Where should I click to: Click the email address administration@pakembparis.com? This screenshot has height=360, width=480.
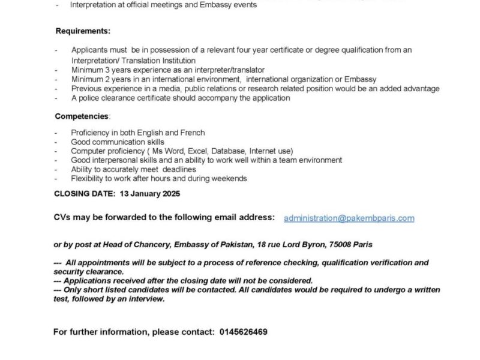[x=349, y=218]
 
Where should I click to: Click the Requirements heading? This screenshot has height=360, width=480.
[x=83, y=31]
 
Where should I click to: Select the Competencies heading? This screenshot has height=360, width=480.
[x=82, y=116]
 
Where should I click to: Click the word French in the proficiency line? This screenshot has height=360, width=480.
[x=193, y=133]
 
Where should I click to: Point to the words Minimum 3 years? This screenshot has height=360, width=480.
[x=100, y=70]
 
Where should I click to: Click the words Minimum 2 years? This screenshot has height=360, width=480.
[x=100, y=79]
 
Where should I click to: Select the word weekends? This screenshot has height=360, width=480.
[x=228, y=178]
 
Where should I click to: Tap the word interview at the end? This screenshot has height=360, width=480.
[x=148, y=299]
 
